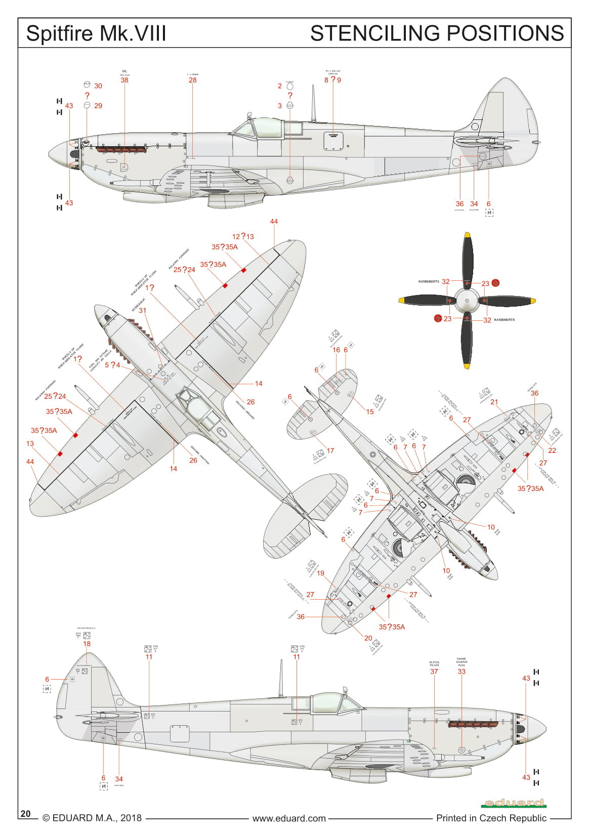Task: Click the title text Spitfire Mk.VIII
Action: (96, 33)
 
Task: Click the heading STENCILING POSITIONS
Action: (437, 33)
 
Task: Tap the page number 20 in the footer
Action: (26, 813)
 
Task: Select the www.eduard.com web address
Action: (289, 818)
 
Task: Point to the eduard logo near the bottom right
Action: (514, 803)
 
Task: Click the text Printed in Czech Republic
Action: (491, 818)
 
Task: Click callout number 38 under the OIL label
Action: (124, 80)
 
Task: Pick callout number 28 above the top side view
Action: (192, 80)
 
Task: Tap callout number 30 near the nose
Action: (98, 86)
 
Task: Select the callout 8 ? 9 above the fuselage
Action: (332, 80)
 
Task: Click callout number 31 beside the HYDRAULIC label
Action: (142, 311)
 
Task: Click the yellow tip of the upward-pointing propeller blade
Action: (468, 235)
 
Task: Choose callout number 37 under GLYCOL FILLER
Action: (434, 672)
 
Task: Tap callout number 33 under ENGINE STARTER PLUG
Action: (461, 672)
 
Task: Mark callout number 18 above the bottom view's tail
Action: (87, 644)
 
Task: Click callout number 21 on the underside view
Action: (494, 402)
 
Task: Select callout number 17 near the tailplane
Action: (330, 450)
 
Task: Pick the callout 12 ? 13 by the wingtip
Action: (243, 236)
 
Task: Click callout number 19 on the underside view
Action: (320, 573)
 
